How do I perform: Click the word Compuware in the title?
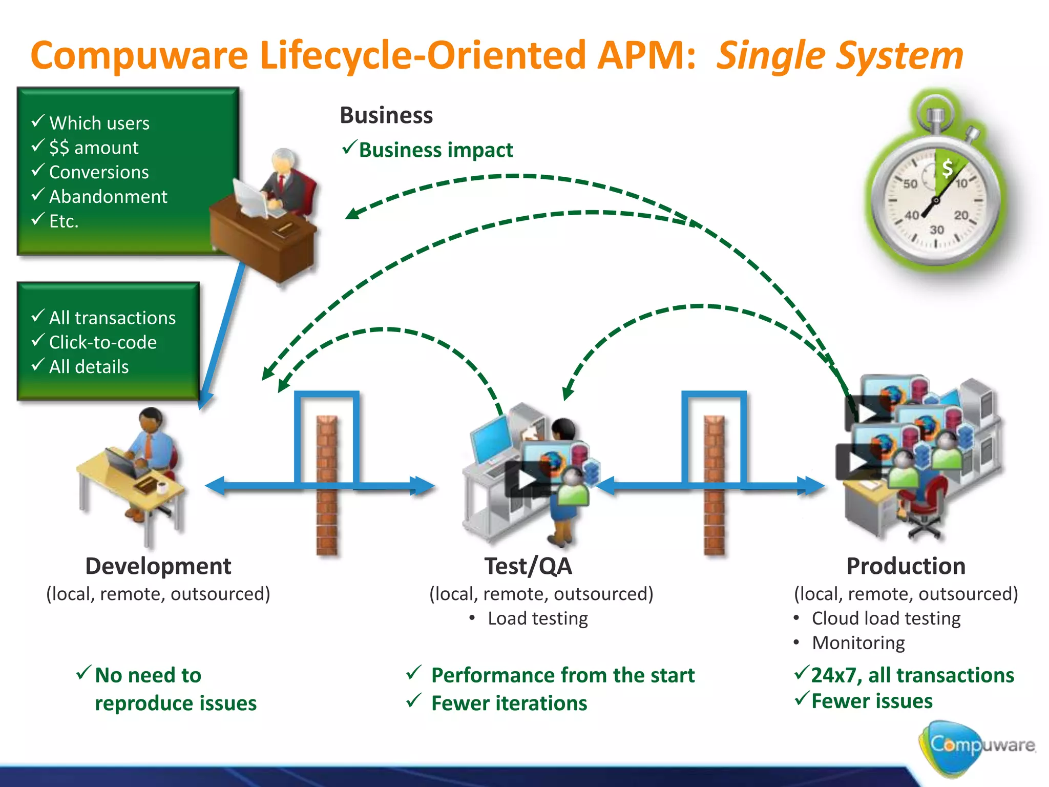click(x=139, y=55)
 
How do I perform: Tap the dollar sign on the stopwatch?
click(x=947, y=168)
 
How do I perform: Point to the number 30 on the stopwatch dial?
click(x=937, y=230)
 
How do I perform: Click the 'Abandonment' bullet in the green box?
click(x=108, y=197)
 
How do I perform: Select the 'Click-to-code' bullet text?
click(x=102, y=342)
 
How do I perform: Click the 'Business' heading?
click(x=386, y=115)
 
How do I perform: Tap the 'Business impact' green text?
click(x=435, y=150)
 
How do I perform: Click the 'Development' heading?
click(x=158, y=566)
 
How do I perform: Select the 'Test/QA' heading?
click(x=528, y=566)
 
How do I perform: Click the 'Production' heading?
click(x=906, y=566)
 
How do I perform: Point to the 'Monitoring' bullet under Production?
click(x=858, y=643)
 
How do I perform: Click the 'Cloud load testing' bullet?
click(x=886, y=618)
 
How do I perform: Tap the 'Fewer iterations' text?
click(x=509, y=703)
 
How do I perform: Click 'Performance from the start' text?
click(x=562, y=675)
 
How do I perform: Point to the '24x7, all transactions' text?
click(x=912, y=675)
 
